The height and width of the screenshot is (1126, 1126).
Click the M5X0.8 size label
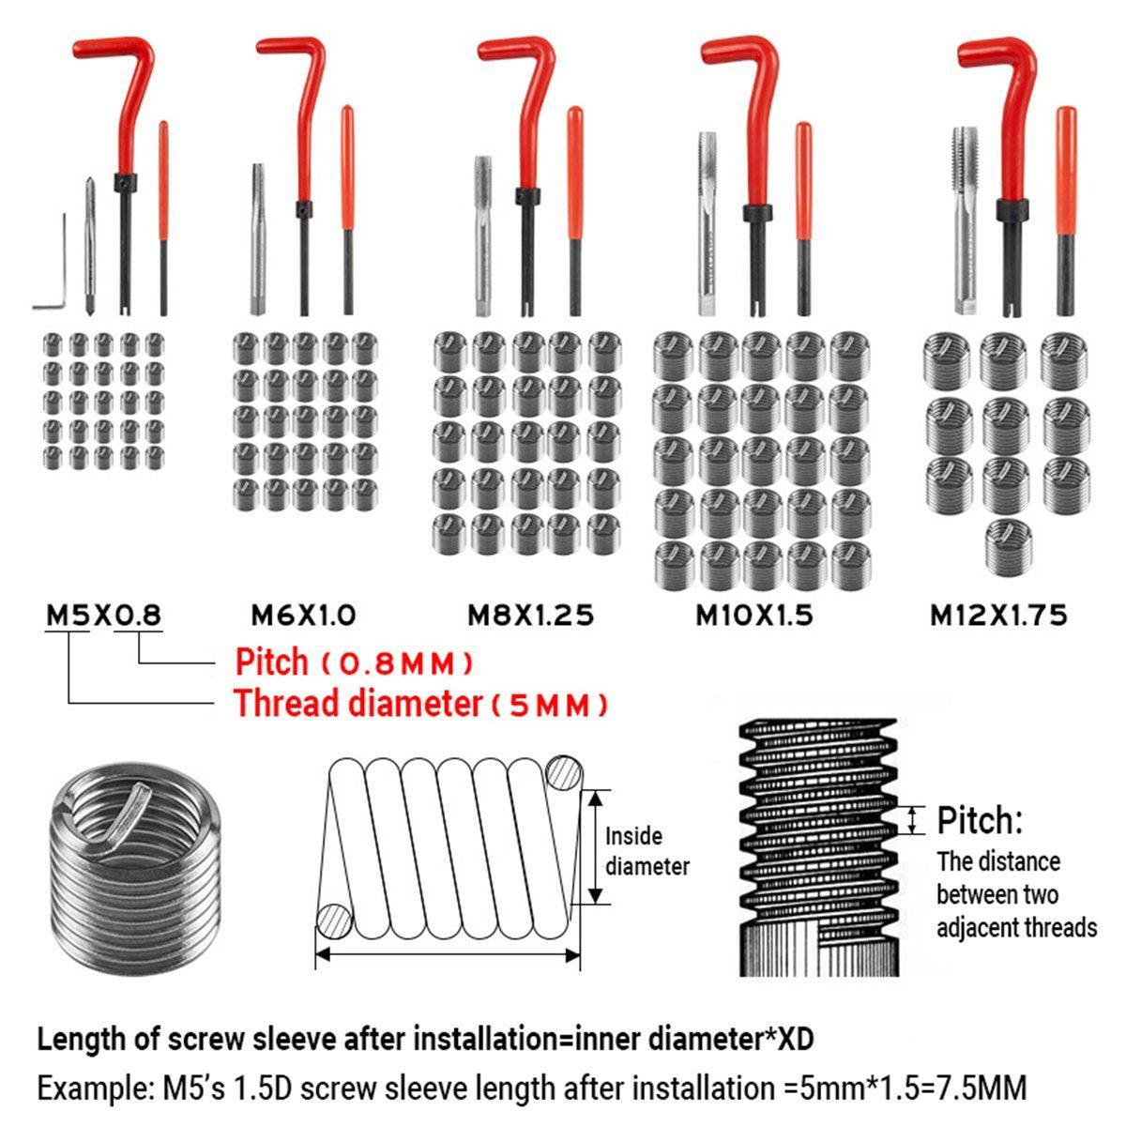tap(103, 616)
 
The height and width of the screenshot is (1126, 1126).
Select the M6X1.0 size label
tap(303, 616)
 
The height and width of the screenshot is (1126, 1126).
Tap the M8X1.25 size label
tap(530, 616)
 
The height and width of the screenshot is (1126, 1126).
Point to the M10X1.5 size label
tap(754, 616)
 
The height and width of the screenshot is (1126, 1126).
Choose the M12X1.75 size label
tap(998, 616)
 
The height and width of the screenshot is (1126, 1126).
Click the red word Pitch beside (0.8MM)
tap(271, 662)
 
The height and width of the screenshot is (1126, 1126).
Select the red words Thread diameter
tap(358, 703)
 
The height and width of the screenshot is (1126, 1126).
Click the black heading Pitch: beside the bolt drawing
tap(980, 820)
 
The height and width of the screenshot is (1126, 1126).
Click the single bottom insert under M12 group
tap(1008, 545)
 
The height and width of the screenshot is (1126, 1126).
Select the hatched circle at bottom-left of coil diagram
tap(334, 921)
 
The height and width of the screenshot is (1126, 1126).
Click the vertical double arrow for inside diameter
tap(595, 847)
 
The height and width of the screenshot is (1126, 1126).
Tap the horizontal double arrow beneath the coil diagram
tap(448, 955)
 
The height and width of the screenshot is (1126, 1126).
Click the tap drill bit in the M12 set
tap(965, 221)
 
